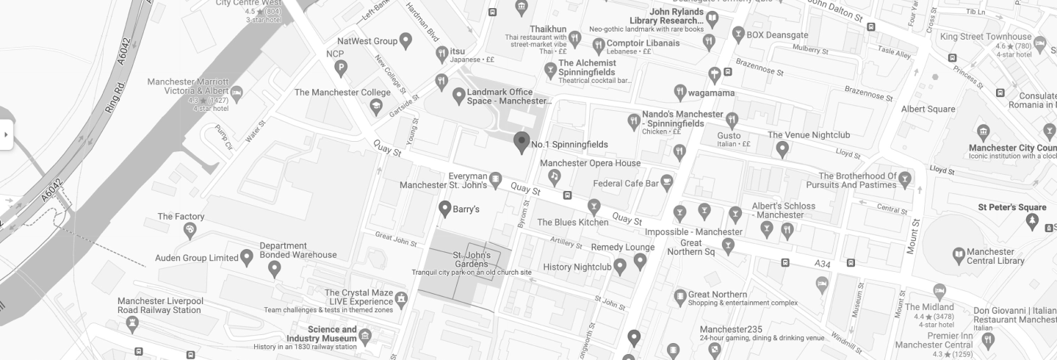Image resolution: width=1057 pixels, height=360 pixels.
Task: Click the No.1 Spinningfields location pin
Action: [x=522, y=142]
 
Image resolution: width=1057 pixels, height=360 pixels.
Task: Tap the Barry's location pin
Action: [x=444, y=209]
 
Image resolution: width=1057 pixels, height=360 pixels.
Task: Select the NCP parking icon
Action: [x=340, y=68]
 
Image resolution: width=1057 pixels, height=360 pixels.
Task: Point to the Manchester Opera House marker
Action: [x=555, y=176]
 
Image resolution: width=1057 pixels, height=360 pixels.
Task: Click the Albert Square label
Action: [x=928, y=109]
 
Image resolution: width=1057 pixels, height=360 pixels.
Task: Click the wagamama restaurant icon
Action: [x=680, y=92]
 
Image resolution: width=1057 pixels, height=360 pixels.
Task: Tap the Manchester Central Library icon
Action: [x=959, y=256]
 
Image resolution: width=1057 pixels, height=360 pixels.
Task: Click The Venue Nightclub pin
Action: [x=783, y=148]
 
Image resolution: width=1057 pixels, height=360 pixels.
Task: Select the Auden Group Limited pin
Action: [x=247, y=257]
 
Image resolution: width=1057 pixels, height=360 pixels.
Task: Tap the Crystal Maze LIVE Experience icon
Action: [x=401, y=299]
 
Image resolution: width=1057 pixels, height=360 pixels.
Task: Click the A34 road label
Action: [x=822, y=263]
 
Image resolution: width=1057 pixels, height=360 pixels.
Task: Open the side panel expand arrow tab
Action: [x=7, y=134]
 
